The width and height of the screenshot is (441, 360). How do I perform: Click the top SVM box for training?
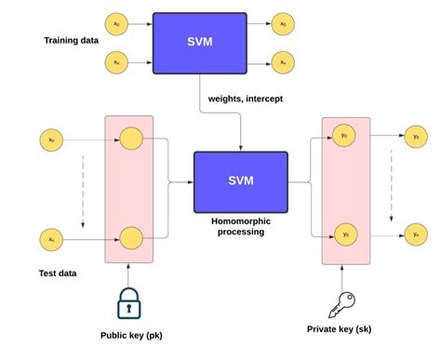tap(199, 43)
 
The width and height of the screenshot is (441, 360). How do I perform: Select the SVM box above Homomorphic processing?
tap(240, 180)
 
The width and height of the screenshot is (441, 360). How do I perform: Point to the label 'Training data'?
tap(71, 41)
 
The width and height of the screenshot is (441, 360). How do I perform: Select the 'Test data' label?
tap(57, 273)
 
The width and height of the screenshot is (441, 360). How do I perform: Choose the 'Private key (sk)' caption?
tap(343, 328)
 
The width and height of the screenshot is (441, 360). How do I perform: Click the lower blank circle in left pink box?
tap(129, 239)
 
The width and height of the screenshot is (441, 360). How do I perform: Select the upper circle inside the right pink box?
tap(344, 136)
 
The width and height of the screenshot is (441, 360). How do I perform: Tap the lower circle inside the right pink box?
tap(344, 233)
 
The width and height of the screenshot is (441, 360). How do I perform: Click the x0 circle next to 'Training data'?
tap(116, 24)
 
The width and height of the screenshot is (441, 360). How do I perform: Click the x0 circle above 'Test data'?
tap(51, 141)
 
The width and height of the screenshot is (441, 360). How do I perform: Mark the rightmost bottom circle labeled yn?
tap(416, 233)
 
